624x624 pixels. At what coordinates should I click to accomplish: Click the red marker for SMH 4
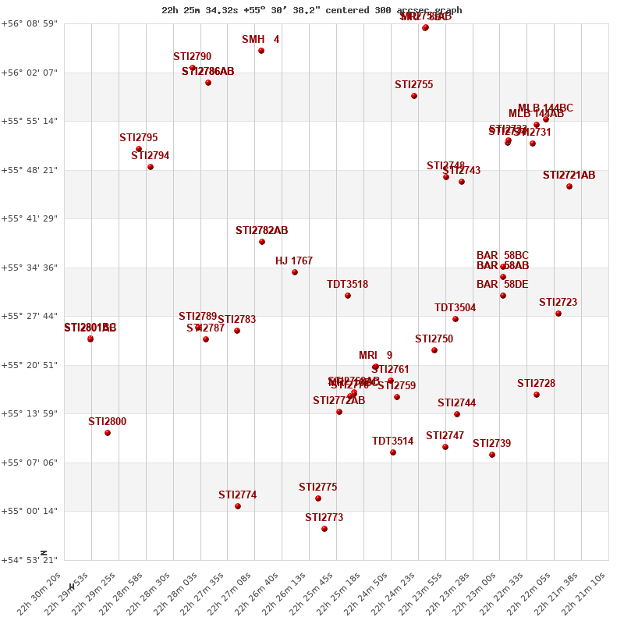[x=261, y=51]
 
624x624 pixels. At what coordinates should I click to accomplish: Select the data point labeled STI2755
[x=414, y=96]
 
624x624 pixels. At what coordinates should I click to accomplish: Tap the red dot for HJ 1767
[x=295, y=272]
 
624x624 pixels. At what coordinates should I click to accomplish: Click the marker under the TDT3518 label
[x=348, y=296]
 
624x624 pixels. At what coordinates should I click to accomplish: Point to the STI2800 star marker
[x=108, y=433]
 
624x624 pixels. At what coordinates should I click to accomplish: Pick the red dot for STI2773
[x=324, y=529]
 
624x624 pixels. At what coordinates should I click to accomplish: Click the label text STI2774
[x=237, y=495]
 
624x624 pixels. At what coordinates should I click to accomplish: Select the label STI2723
[x=558, y=302]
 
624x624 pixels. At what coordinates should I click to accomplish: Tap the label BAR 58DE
[x=502, y=285]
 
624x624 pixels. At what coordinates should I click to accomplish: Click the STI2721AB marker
[x=569, y=186]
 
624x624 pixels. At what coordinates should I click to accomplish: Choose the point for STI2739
[x=492, y=455]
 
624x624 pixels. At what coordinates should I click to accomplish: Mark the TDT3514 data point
[x=393, y=452]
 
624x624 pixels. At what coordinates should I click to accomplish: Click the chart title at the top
[x=312, y=10]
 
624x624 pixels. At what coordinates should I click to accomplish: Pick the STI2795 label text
[x=138, y=137]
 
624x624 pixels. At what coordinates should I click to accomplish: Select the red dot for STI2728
[x=537, y=395]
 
